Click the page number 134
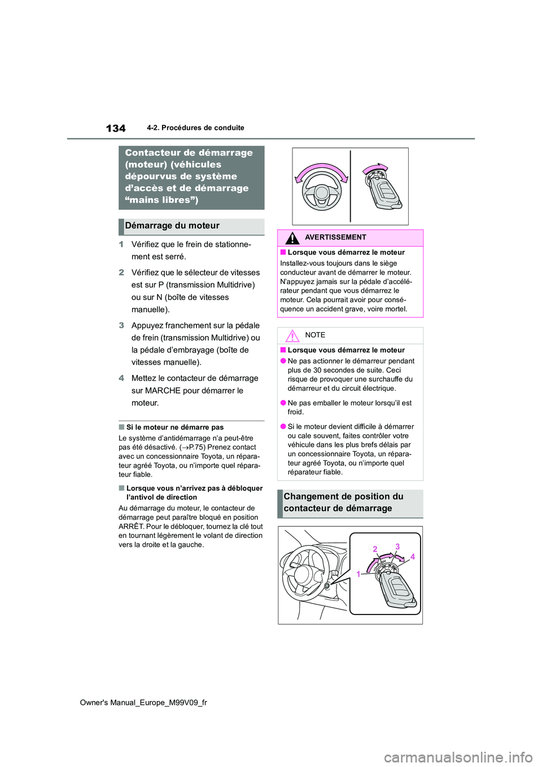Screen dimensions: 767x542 [116, 128]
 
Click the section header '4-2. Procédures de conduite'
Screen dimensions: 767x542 [195, 128]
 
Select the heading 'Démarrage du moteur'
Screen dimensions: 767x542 [172, 226]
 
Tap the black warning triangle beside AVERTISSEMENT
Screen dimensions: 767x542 [292, 238]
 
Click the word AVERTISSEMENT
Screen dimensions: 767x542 [335, 238]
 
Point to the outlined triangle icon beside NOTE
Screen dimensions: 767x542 [292, 336]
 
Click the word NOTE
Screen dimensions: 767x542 [315, 335]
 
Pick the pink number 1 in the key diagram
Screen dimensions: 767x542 [358, 574]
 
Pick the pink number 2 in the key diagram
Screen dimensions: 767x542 [375, 549]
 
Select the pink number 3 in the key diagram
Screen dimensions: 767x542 [397, 547]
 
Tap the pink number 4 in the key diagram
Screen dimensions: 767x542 [413, 557]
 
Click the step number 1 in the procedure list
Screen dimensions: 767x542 [121, 245]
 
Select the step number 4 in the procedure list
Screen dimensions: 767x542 [121, 378]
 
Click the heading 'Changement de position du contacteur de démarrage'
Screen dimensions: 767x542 [343, 503]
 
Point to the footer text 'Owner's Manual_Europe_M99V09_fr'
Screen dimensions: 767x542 [143, 703]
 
